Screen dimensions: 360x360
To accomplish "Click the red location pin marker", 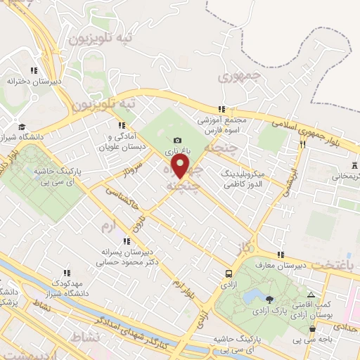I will [x=181, y=167].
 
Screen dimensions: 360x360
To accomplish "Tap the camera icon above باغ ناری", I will [x=176, y=140].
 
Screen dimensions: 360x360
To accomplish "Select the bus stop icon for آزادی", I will [x=229, y=274].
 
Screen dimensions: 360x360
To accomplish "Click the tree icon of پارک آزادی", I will [x=269, y=300].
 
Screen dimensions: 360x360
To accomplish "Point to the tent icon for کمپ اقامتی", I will [x=311, y=296].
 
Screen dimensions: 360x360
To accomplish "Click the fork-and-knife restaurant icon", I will [x=302, y=143].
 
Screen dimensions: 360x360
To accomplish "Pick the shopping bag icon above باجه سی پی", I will [x=312, y=328].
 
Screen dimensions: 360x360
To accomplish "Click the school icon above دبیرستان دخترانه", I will [x=33, y=70].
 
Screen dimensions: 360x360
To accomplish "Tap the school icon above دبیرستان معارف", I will [x=281, y=255].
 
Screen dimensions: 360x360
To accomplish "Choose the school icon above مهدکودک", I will [x=67, y=273].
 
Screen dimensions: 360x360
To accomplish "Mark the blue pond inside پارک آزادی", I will [x=251, y=295].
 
